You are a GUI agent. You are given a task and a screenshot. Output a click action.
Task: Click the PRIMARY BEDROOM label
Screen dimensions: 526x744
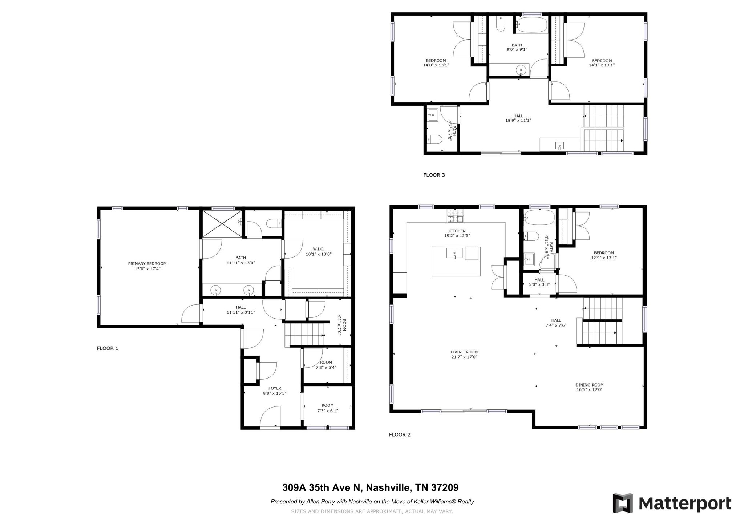(x=147, y=264)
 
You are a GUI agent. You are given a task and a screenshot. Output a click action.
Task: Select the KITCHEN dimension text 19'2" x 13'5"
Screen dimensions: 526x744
(x=457, y=236)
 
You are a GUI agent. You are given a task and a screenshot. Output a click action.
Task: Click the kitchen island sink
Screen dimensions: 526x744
(x=454, y=253)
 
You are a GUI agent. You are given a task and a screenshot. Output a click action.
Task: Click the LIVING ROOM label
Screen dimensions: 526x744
(x=464, y=352)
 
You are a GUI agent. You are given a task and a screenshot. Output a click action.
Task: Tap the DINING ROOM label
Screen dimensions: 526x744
(x=589, y=385)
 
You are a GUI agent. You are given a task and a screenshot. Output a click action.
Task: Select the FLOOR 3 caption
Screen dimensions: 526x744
(x=434, y=175)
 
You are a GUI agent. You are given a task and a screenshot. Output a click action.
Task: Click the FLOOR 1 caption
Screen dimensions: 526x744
(x=108, y=348)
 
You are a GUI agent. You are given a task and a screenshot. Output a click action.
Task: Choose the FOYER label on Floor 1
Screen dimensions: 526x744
(x=275, y=388)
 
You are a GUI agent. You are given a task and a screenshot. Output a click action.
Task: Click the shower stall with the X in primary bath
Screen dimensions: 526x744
(x=221, y=223)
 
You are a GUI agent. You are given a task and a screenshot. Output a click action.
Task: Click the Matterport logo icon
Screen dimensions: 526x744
(x=623, y=503)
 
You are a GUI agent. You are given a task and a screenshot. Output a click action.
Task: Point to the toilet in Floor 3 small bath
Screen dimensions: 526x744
(x=434, y=139)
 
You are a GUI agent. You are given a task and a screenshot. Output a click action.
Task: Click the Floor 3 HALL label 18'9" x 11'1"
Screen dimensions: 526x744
(x=518, y=116)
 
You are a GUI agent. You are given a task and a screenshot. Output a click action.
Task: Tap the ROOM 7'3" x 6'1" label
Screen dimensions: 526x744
(x=327, y=405)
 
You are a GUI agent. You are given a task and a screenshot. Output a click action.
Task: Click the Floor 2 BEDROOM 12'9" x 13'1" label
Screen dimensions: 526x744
(x=603, y=253)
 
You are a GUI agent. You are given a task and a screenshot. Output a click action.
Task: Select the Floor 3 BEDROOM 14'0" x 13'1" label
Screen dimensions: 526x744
(x=436, y=61)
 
